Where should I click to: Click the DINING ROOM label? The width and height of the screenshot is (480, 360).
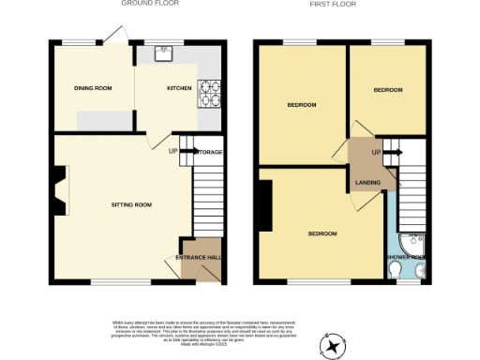pos(93,88)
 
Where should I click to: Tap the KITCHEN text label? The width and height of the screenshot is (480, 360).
pos(179,88)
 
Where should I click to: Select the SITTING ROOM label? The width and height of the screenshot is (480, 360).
pos(131,204)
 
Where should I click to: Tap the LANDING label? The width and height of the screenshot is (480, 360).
pos(367,183)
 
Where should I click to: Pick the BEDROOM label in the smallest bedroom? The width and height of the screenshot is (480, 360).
pos(388,90)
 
